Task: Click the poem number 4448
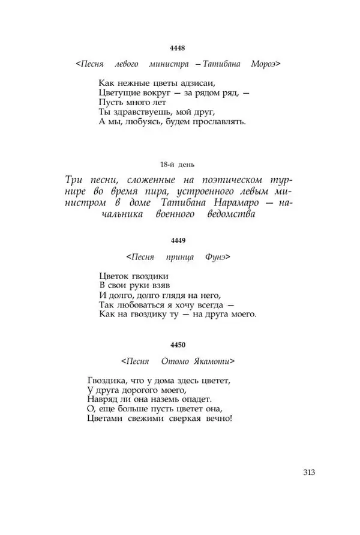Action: [x=178, y=49]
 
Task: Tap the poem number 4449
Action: [x=178, y=240]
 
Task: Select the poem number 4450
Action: [x=178, y=345]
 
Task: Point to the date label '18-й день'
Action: [x=178, y=164]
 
